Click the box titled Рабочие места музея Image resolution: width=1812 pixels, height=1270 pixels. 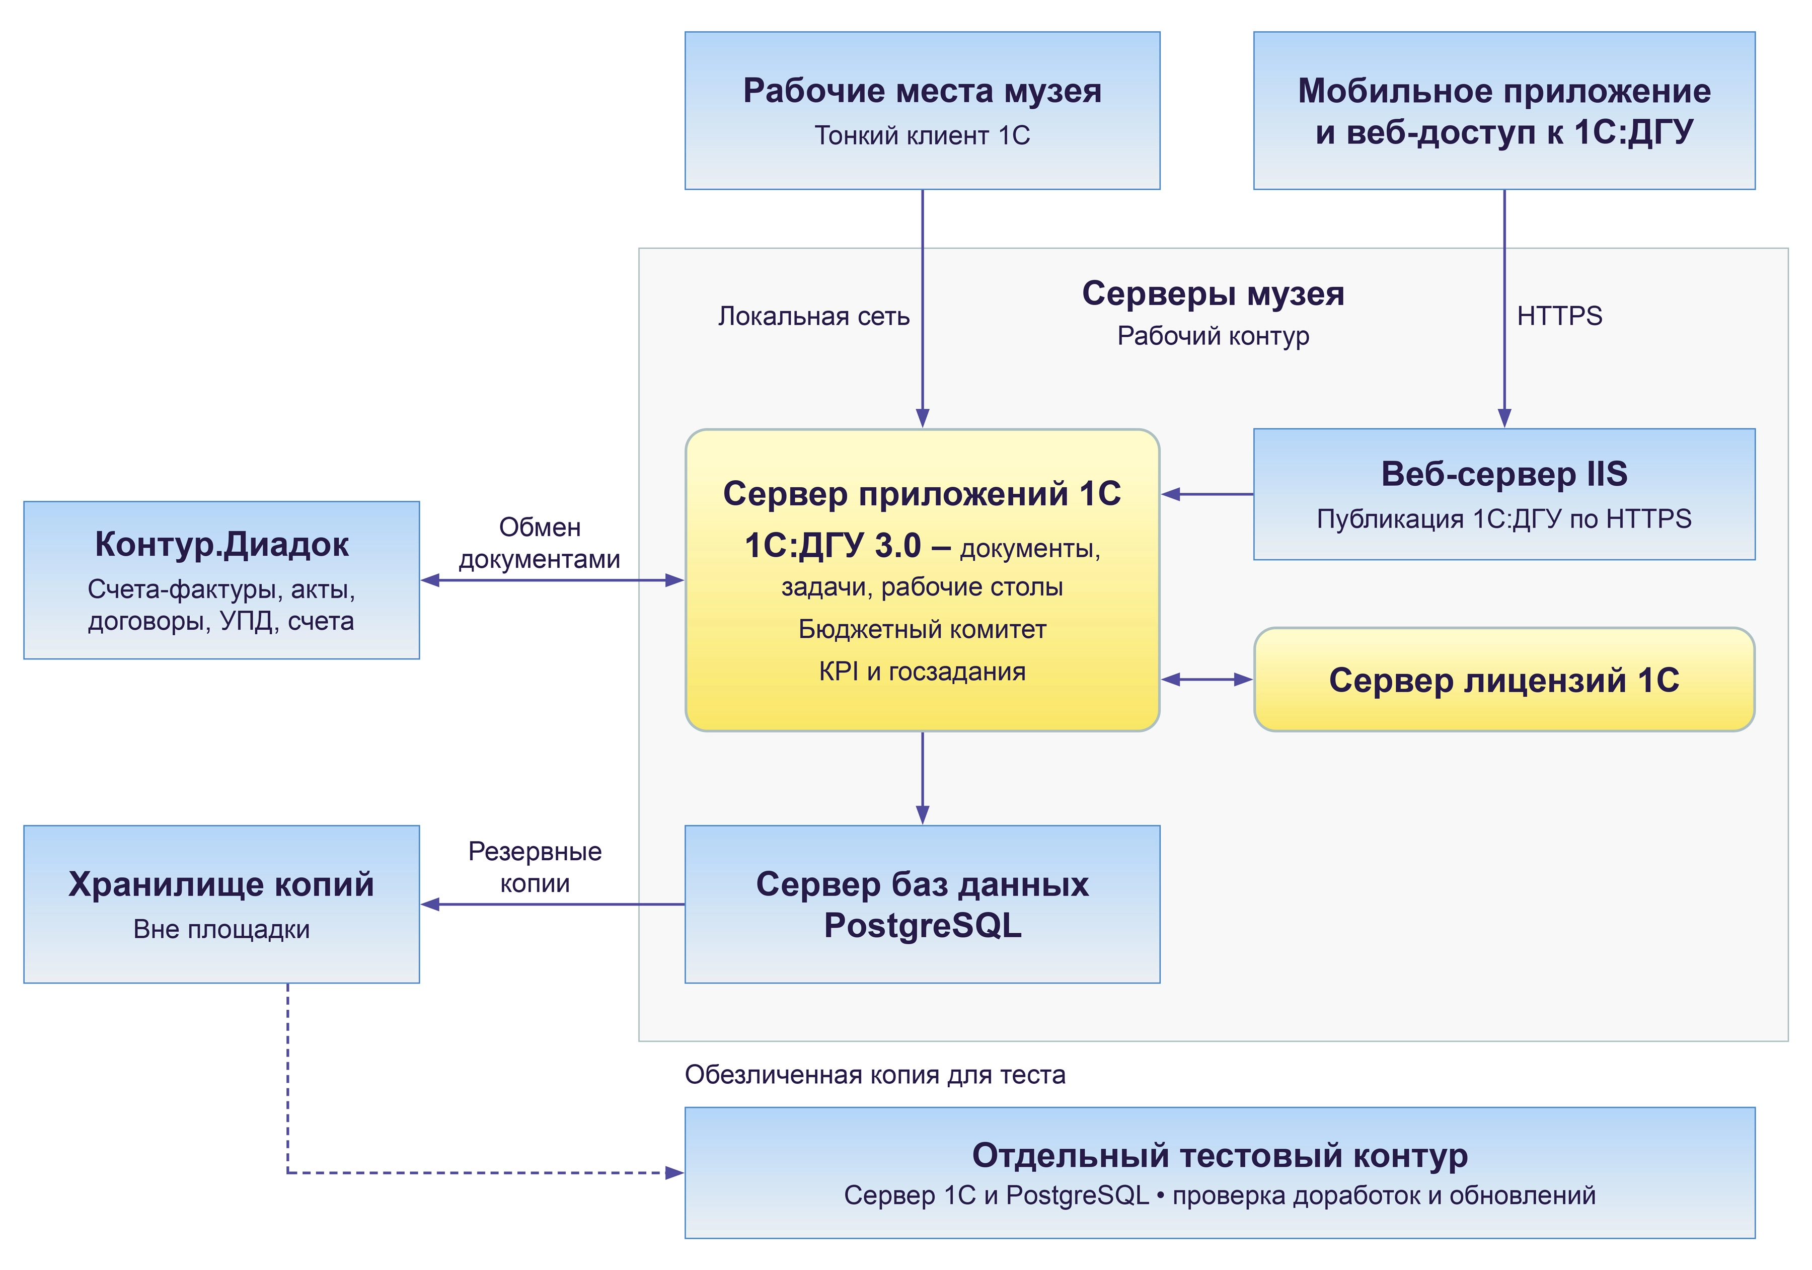922,111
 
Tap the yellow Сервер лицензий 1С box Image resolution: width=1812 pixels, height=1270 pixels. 1504,680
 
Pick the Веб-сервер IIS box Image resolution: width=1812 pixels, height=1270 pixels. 1504,494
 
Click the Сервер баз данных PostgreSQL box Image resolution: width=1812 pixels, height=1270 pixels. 922,905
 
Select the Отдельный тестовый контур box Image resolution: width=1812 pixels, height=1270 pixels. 1220,1173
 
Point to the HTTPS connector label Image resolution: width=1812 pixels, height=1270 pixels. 1559,316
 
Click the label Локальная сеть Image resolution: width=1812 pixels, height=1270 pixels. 814,317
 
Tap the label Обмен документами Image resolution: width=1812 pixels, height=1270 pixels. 540,543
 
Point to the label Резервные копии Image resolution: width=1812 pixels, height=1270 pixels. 535,867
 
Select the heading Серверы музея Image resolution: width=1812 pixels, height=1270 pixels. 1213,293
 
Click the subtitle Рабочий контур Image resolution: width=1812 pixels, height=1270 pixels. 1213,336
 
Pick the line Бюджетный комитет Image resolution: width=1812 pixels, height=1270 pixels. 922,629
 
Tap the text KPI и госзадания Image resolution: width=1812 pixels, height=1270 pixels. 922,671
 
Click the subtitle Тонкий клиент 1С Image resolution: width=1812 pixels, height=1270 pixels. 922,136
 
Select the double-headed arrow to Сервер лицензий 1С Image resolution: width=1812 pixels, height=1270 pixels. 1206,680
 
